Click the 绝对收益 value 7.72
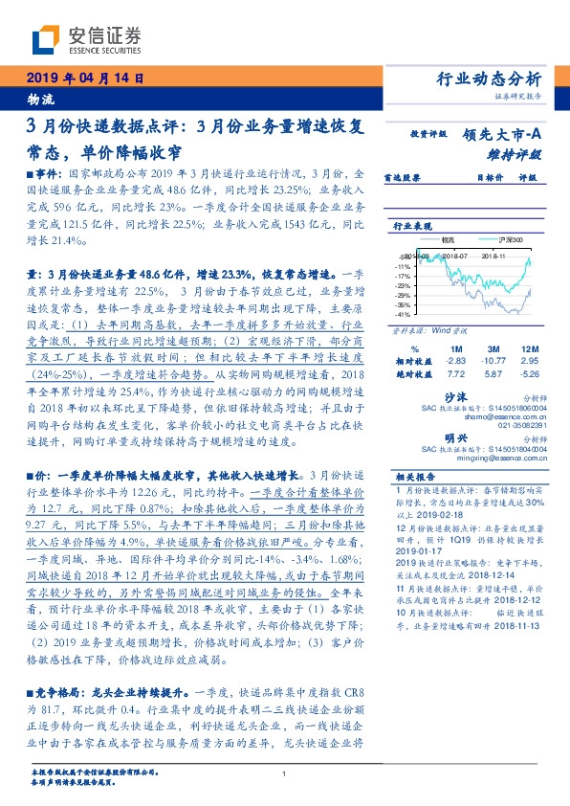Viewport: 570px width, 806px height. point(456,375)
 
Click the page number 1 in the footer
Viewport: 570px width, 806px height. point(284,775)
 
